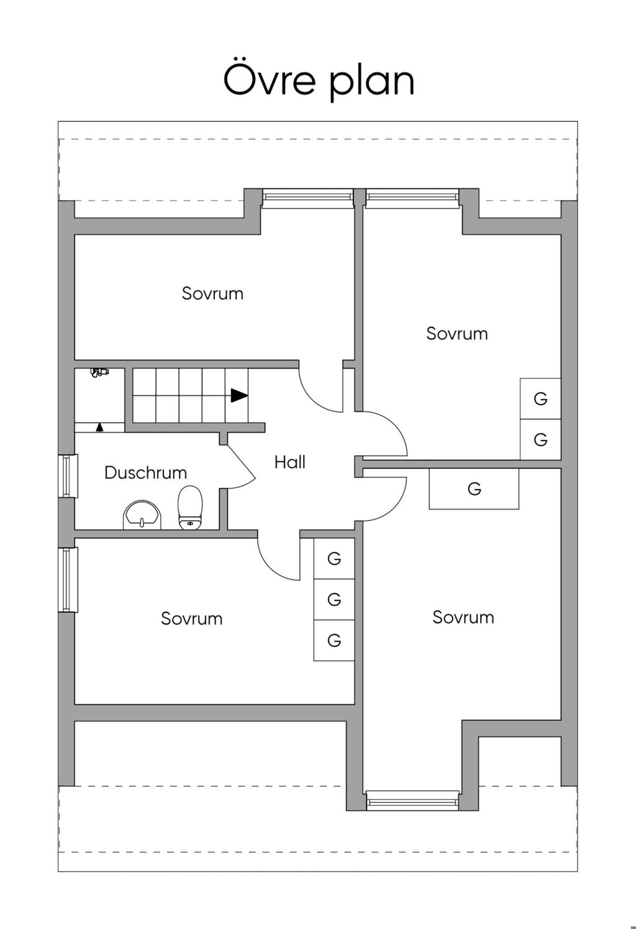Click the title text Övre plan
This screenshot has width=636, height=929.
[x=319, y=80]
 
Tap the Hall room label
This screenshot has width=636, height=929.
[x=290, y=462]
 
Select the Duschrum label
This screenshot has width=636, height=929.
[x=145, y=473]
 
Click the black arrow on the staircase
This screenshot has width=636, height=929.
[x=239, y=395]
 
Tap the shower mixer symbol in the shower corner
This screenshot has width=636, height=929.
[x=99, y=372]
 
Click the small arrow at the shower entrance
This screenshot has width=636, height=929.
[x=99, y=428]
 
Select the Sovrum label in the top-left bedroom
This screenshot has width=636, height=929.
[x=212, y=293]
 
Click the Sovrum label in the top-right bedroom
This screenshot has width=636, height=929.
[x=457, y=334]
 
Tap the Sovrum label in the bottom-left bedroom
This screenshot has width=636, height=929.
[x=191, y=619]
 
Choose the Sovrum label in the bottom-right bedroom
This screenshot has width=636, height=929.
[x=463, y=618]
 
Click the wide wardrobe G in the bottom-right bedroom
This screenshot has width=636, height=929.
[x=474, y=489]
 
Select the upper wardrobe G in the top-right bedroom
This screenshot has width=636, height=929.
[x=540, y=399]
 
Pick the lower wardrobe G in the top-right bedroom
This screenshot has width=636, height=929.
[x=540, y=440]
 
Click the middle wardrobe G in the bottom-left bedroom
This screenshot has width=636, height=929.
[x=334, y=600]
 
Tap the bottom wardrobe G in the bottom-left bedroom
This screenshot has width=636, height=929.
[x=334, y=641]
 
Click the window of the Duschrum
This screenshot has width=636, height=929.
[x=68, y=476]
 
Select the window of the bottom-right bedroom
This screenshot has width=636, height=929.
[x=412, y=800]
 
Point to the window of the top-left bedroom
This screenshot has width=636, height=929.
[x=307, y=197]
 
